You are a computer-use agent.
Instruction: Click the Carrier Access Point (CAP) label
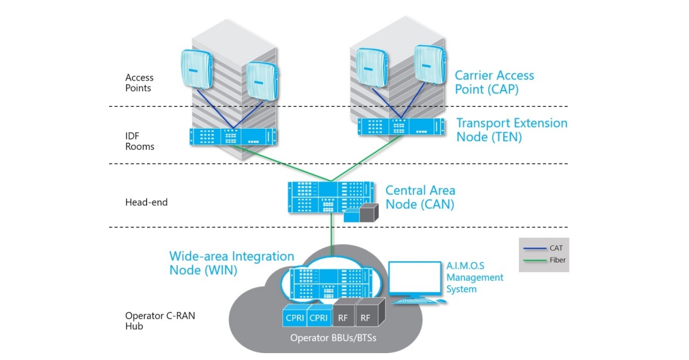[x=494, y=82]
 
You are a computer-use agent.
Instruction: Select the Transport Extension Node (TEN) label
[x=512, y=130]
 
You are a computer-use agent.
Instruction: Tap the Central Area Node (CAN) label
[x=420, y=197]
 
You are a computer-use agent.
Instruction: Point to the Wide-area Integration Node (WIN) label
[x=231, y=263]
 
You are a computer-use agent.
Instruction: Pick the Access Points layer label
[x=140, y=83]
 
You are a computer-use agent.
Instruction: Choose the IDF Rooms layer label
[x=140, y=141]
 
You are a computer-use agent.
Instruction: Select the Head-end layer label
[x=146, y=202]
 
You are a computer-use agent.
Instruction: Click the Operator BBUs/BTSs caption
[x=326, y=338]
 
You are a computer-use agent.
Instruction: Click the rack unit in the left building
[x=233, y=136]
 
